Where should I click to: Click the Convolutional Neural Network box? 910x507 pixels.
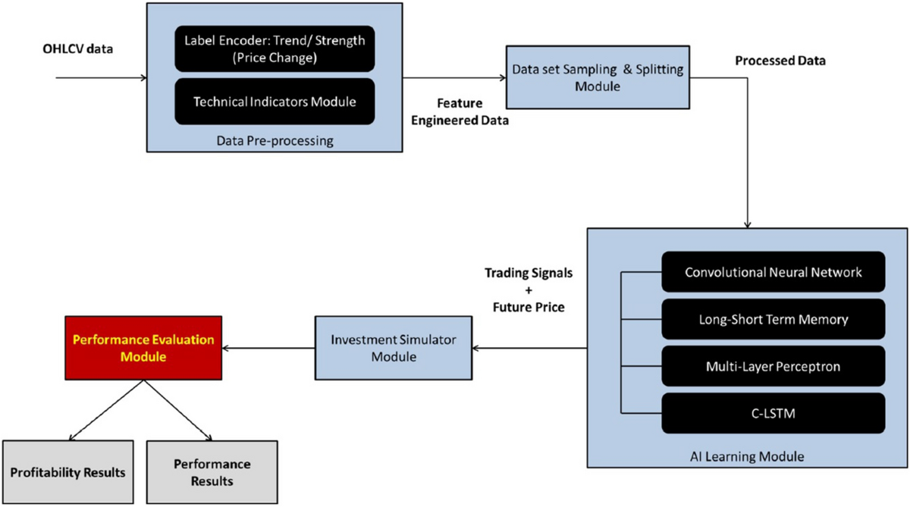point(773,271)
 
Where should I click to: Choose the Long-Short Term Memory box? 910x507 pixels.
point(773,319)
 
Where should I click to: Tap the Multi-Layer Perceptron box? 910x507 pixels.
point(773,366)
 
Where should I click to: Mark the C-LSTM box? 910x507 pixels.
point(773,413)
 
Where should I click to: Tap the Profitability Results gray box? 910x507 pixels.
point(67,472)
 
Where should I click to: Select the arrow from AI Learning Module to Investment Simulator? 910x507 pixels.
point(531,349)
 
